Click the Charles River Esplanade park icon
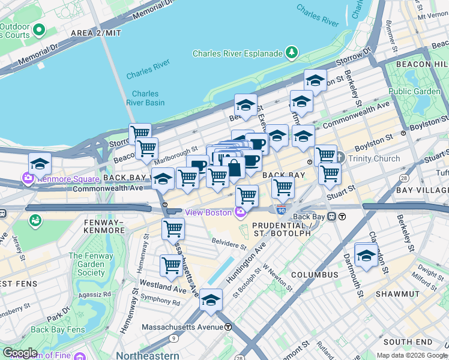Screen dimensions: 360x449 pyautogui.click(x=292, y=53)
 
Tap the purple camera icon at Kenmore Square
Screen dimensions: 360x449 pyautogui.click(x=28, y=178)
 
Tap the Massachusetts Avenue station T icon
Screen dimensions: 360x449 pyautogui.click(x=228, y=327)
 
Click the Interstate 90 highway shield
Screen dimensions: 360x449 pyautogui.click(x=281, y=209)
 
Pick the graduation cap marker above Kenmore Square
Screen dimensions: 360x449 pyautogui.click(x=40, y=164)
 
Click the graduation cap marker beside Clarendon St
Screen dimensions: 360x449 pyautogui.click(x=366, y=255)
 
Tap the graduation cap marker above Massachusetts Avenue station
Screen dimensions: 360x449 pyautogui.click(x=211, y=300)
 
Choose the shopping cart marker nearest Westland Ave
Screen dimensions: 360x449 pyautogui.click(x=172, y=265)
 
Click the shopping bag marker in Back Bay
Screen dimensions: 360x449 pyautogui.click(x=234, y=167)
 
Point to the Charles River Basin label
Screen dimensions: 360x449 pyautogui.click(x=145, y=98)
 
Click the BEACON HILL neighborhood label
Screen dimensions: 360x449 pyautogui.click(x=422, y=64)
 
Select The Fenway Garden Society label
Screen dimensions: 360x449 pyautogui.click(x=87, y=264)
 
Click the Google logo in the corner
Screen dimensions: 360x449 pyautogui.click(x=20, y=352)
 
